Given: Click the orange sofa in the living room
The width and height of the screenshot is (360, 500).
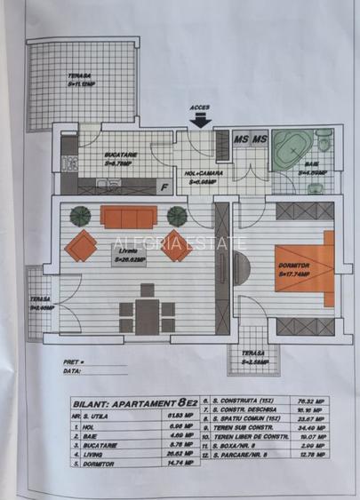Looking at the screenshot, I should coord(128,217).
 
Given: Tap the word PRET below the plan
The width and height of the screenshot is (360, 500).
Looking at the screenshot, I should coord(74,363).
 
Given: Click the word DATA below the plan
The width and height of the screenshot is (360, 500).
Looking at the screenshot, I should coord(73,373).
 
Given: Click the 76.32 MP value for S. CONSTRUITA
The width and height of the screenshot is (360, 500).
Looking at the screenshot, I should coord(313,401).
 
